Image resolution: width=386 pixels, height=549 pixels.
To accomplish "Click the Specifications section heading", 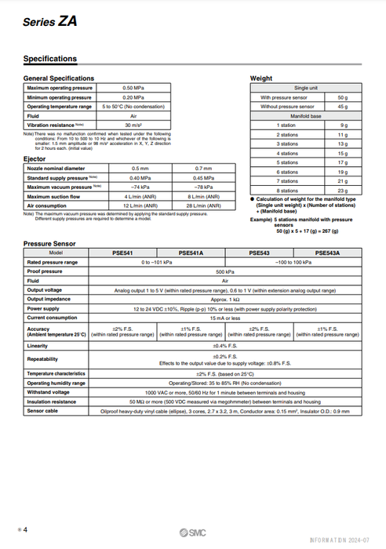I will [50, 59].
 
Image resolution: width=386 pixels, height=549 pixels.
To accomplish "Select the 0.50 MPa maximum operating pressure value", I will [138, 88].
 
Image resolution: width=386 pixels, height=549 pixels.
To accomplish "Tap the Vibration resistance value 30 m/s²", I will [138, 125].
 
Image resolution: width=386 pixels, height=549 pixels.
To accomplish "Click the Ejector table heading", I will [35, 158].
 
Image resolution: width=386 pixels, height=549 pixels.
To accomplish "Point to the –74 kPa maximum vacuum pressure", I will [140, 187].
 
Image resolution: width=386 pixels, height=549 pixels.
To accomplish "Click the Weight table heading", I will [261, 79].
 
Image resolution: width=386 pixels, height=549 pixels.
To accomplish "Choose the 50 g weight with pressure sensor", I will [342, 97].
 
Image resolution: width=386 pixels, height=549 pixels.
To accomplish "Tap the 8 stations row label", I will [287, 191].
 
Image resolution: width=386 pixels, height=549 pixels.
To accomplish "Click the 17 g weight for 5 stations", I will [342, 162].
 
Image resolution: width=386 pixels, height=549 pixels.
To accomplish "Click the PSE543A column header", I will [328, 253].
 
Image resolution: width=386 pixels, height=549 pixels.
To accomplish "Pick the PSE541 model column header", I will [124, 253].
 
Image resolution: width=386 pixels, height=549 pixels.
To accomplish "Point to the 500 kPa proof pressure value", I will [225, 271].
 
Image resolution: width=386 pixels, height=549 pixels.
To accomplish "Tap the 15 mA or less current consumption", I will [225, 317].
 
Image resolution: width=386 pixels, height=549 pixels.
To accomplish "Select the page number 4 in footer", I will [24, 531].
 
